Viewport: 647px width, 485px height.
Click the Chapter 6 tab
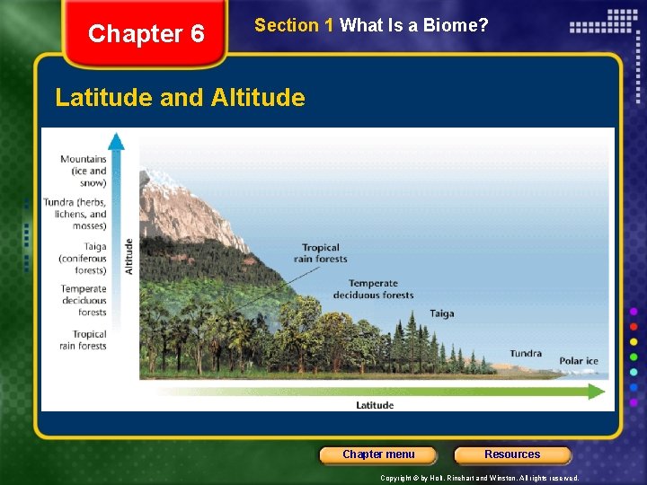[146, 34]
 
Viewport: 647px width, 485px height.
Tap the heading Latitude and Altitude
[180, 97]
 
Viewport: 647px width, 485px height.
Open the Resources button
[512, 454]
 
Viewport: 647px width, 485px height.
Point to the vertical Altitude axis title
[129, 256]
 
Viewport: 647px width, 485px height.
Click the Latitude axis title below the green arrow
[375, 405]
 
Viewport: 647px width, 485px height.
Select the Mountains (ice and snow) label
[84, 171]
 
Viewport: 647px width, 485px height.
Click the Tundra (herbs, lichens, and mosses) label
[76, 214]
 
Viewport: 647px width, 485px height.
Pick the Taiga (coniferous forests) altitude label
[84, 258]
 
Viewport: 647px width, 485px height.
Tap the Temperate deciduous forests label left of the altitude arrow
[84, 301]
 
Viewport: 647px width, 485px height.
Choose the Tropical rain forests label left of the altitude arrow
[84, 339]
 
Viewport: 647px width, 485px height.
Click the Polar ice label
[579, 361]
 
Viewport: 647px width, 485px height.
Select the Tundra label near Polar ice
[526, 353]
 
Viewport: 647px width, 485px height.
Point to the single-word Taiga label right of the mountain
[441, 313]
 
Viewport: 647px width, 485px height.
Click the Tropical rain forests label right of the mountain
[320, 253]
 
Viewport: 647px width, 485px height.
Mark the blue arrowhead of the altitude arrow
[116, 140]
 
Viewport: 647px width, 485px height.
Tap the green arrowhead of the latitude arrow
[597, 391]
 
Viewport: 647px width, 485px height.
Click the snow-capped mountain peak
[166, 184]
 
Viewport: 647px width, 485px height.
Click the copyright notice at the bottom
[480, 478]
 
